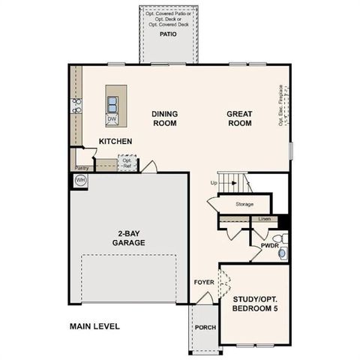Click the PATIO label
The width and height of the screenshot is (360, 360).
pos(167,34)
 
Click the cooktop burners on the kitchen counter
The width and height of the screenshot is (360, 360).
pos(76,106)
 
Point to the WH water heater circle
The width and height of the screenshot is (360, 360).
pos(80,180)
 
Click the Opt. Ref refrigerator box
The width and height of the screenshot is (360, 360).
pos(127,163)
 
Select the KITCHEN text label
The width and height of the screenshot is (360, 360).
pos(115,141)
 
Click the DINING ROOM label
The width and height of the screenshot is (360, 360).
pos(164,118)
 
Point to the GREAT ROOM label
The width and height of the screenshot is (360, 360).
pos(240,118)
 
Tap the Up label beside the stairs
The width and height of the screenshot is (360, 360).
pos(214,184)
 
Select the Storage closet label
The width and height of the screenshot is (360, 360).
pos(244,204)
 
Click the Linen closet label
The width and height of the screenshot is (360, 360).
pos(263,219)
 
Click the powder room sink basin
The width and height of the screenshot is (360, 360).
pos(282,253)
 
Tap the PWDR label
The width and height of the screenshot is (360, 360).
pos(270,245)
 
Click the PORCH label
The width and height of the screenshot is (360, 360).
pos(205,328)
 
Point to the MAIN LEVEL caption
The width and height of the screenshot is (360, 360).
pos(94,326)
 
